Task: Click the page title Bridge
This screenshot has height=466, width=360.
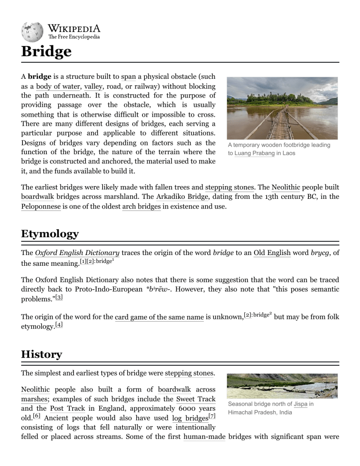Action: click(46, 51)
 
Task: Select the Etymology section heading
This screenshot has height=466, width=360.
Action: click(50, 233)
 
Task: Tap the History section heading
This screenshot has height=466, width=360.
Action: click(41, 354)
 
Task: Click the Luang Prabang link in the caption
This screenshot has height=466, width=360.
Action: click(255, 153)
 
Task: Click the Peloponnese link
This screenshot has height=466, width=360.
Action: click(41, 206)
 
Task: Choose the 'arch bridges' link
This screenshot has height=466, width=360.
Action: click(141, 206)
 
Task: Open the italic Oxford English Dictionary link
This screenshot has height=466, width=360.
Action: click(77, 253)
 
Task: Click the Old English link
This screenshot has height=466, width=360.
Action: click(272, 253)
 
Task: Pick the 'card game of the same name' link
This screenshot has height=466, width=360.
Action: click(159, 318)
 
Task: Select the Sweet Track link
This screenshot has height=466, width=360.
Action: click(195, 399)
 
